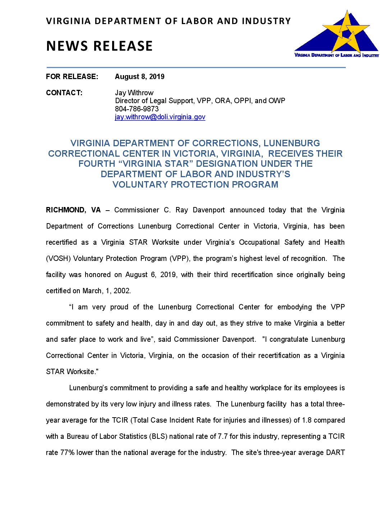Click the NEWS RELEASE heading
(99, 46)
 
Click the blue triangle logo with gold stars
(337, 34)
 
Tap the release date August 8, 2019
(139, 77)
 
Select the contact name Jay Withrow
(134, 93)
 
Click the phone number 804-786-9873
(137, 109)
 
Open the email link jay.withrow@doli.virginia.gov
(160, 117)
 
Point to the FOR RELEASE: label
(72, 77)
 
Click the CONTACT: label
(64, 93)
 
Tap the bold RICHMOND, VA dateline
(73, 210)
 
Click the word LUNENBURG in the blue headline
(291, 143)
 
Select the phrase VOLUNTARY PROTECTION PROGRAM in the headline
(195, 184)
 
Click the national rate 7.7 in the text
(223, 436)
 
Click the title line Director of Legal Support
(200, 101)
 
